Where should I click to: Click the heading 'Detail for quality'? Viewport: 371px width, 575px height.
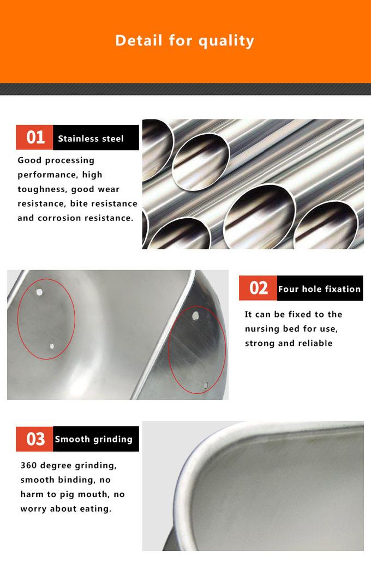point(184,41)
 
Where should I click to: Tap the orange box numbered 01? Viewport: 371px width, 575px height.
point(34,137)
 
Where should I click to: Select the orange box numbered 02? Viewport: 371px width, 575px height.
point(258,288)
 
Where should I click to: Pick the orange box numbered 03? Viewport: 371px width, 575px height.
point(34,439)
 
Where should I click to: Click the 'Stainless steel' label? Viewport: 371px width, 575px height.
point(91,139)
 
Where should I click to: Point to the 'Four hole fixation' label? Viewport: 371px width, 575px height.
point(319,289)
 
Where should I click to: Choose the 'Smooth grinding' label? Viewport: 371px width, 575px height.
point(93,439)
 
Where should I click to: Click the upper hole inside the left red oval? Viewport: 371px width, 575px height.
point(39,292)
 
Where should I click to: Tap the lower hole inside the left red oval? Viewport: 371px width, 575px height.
point(52,346)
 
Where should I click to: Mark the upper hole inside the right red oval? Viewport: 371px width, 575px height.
point(195,315)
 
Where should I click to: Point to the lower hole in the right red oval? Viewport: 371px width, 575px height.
point(206,385)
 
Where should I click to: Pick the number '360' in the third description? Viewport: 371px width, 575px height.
point(28,465)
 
